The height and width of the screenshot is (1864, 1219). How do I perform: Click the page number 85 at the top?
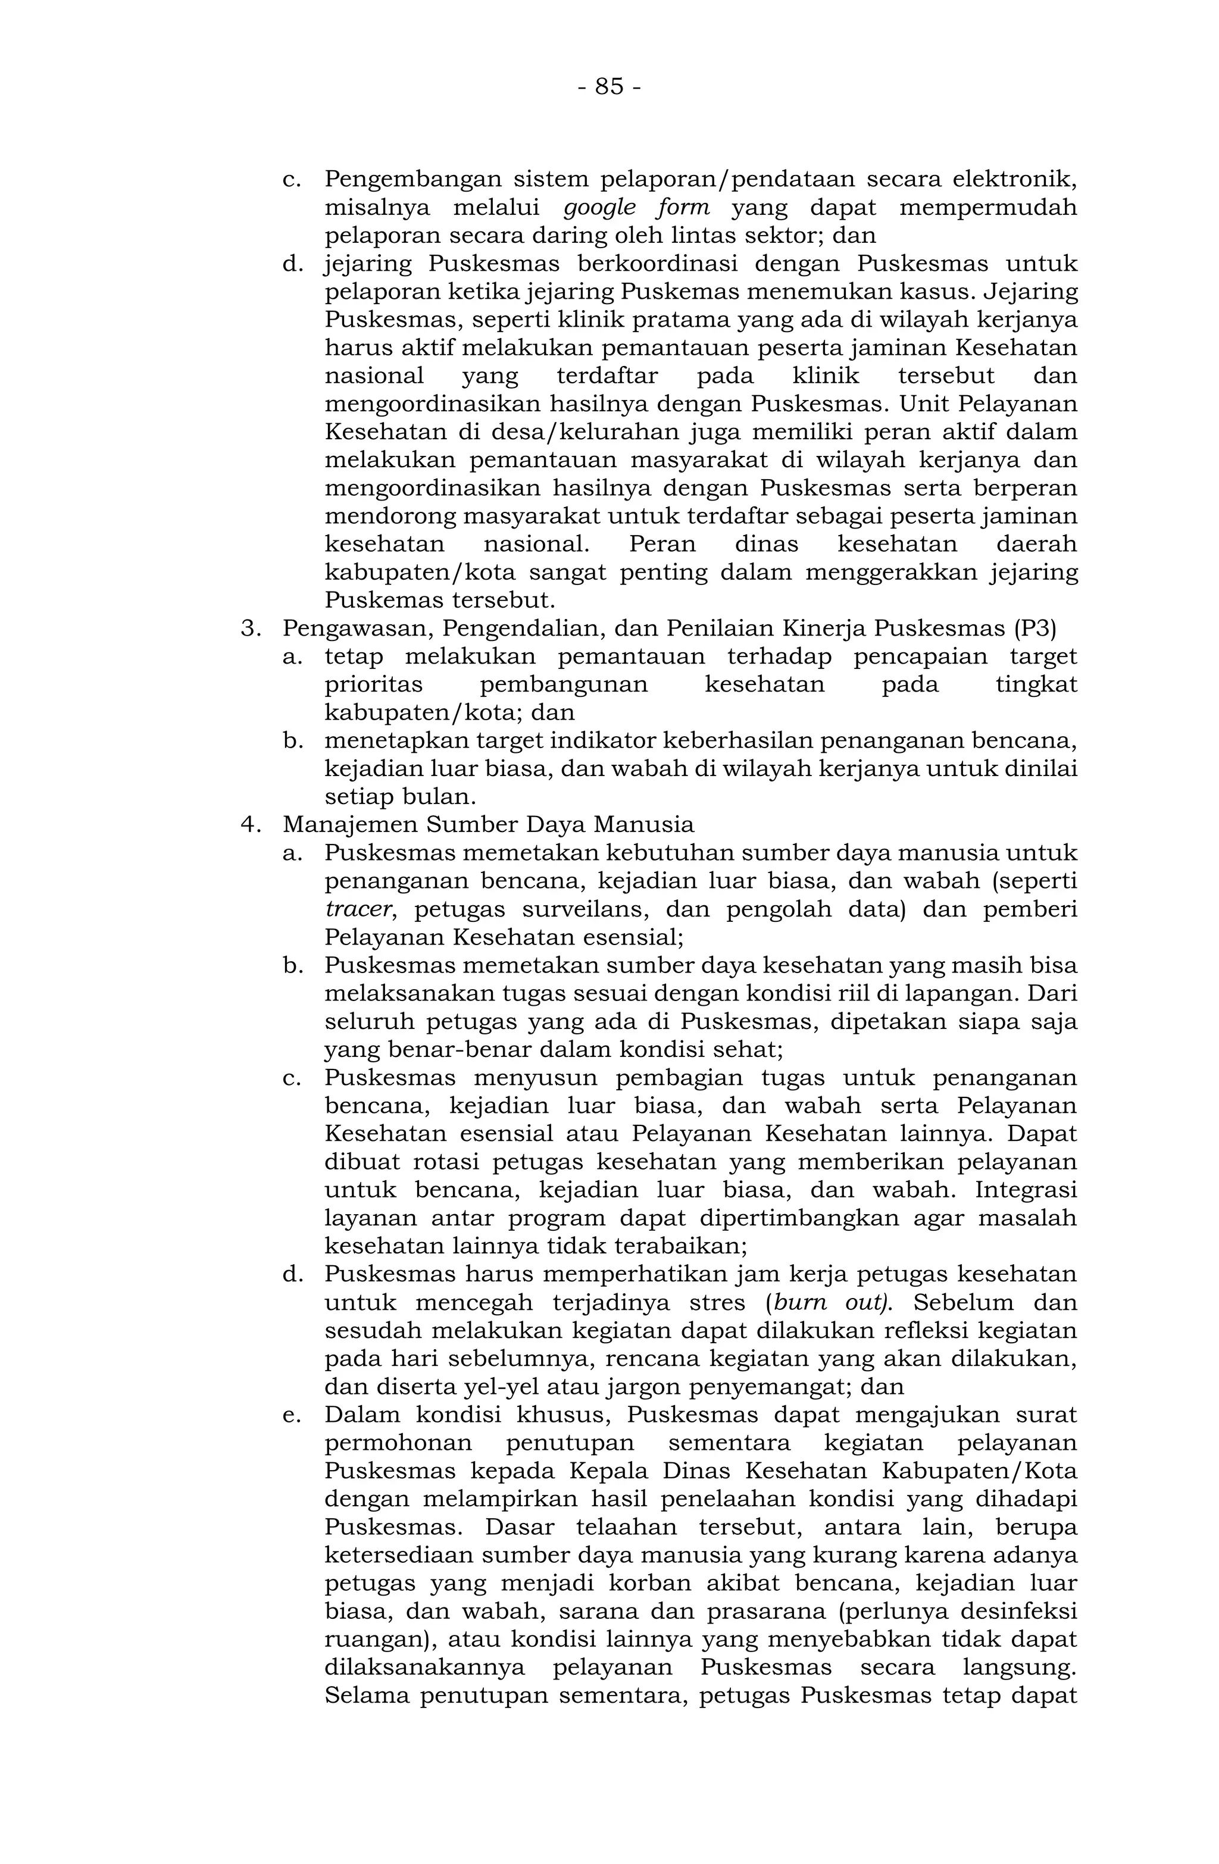click(609, 86)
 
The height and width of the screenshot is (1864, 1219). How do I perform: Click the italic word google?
click(599, 208)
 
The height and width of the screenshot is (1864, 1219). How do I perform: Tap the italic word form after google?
click(682, 208)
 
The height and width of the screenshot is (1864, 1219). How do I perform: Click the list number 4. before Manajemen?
click(250, 825)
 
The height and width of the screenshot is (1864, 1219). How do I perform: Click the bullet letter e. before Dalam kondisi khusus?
click(292, 1415)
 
